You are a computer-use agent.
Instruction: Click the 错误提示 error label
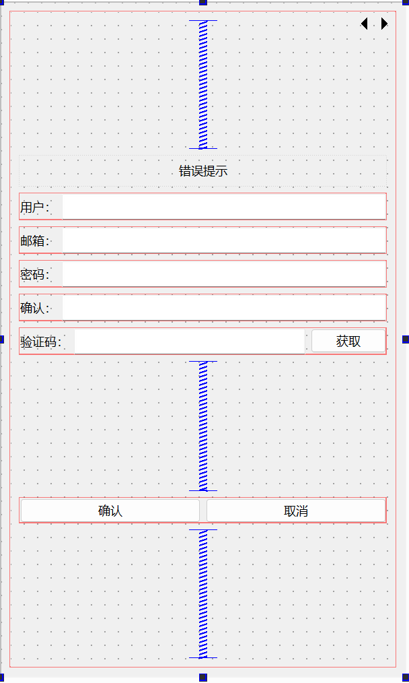pos(202,171)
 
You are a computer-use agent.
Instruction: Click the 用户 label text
pos(34,207)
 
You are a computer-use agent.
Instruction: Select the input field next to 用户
pos(223,207)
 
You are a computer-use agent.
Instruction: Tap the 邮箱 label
pos(34,241)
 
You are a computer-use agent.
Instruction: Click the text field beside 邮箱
pos(223,240)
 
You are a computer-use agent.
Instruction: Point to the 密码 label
pos(34,275)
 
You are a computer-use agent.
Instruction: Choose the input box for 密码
pos(223,274)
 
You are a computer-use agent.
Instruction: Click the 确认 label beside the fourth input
pos(34,308)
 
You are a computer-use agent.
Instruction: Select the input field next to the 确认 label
pos(223,308)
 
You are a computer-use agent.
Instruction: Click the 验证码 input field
pos(189,341)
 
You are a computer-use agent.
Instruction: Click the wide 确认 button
pos(110,511)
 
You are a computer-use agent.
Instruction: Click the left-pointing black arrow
pos(364,24)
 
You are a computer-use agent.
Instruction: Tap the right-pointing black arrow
pos(384,24)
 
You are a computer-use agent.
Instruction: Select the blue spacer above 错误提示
pos(202,84)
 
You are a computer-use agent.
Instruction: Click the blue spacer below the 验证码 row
pos(202,426)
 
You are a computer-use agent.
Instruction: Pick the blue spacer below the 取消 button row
pos(202,593)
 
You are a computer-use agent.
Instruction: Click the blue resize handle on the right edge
pos(406,339)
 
